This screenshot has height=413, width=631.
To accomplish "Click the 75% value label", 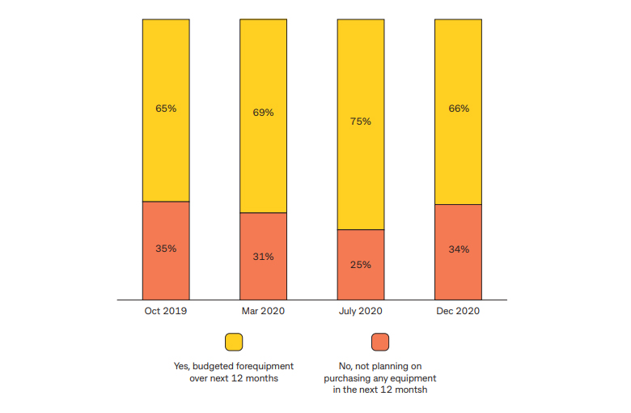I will (x=361, y=121).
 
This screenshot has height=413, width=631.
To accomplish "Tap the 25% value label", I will (x=361, y=264).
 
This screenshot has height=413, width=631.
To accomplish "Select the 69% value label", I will (x=263, y=113).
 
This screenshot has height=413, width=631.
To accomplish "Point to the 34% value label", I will (x=458, y=249).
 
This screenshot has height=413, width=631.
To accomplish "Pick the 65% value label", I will (x=166, y=108).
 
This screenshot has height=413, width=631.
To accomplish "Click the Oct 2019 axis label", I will (x=166, y=311).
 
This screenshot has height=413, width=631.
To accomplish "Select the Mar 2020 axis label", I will (x=263, y=311).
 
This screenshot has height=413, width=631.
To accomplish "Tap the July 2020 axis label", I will (x=361, y=311).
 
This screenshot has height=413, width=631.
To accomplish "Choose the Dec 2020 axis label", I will (x=458, y=311).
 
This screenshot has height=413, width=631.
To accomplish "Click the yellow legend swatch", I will (x=234, y=342).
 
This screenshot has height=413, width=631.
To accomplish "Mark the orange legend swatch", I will (x=380, y=342).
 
